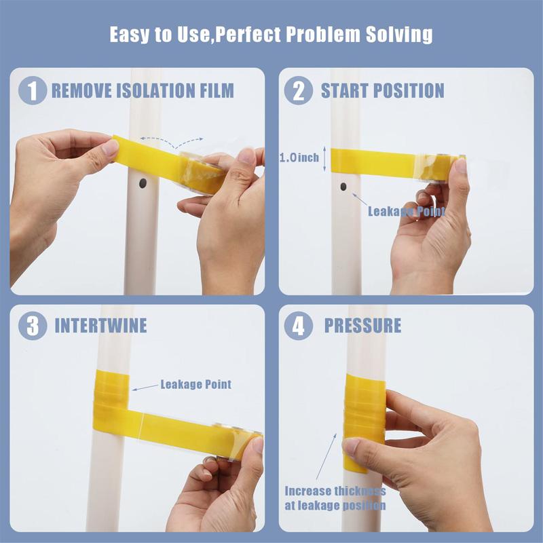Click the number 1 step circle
tap(33, 91)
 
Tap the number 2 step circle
tap(298, 91)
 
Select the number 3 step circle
tap(33, 325)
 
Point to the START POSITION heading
tap(382, 90)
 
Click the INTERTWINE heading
tap(100, 325)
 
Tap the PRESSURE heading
tap(362, 325)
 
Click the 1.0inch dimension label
tap(299, 157)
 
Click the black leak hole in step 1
tap(143, 183)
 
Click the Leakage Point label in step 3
tap(195, 384)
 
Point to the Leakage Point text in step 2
tap(406, 211)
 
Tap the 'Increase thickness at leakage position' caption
tap(335, 498)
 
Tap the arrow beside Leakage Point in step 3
tap(143, 387)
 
